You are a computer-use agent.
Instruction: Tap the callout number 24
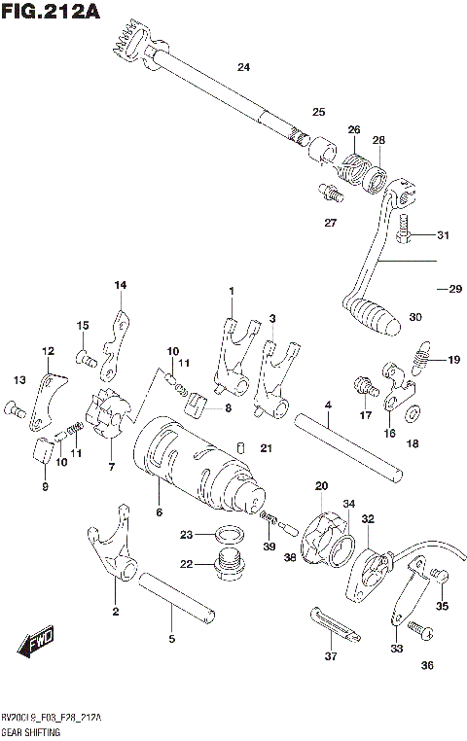[243, 67]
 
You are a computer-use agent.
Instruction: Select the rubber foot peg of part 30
[374, 313]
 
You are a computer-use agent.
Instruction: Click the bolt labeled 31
[409, 234]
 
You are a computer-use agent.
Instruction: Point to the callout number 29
[449, 289]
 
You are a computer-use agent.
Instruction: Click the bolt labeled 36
[418, 629]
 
